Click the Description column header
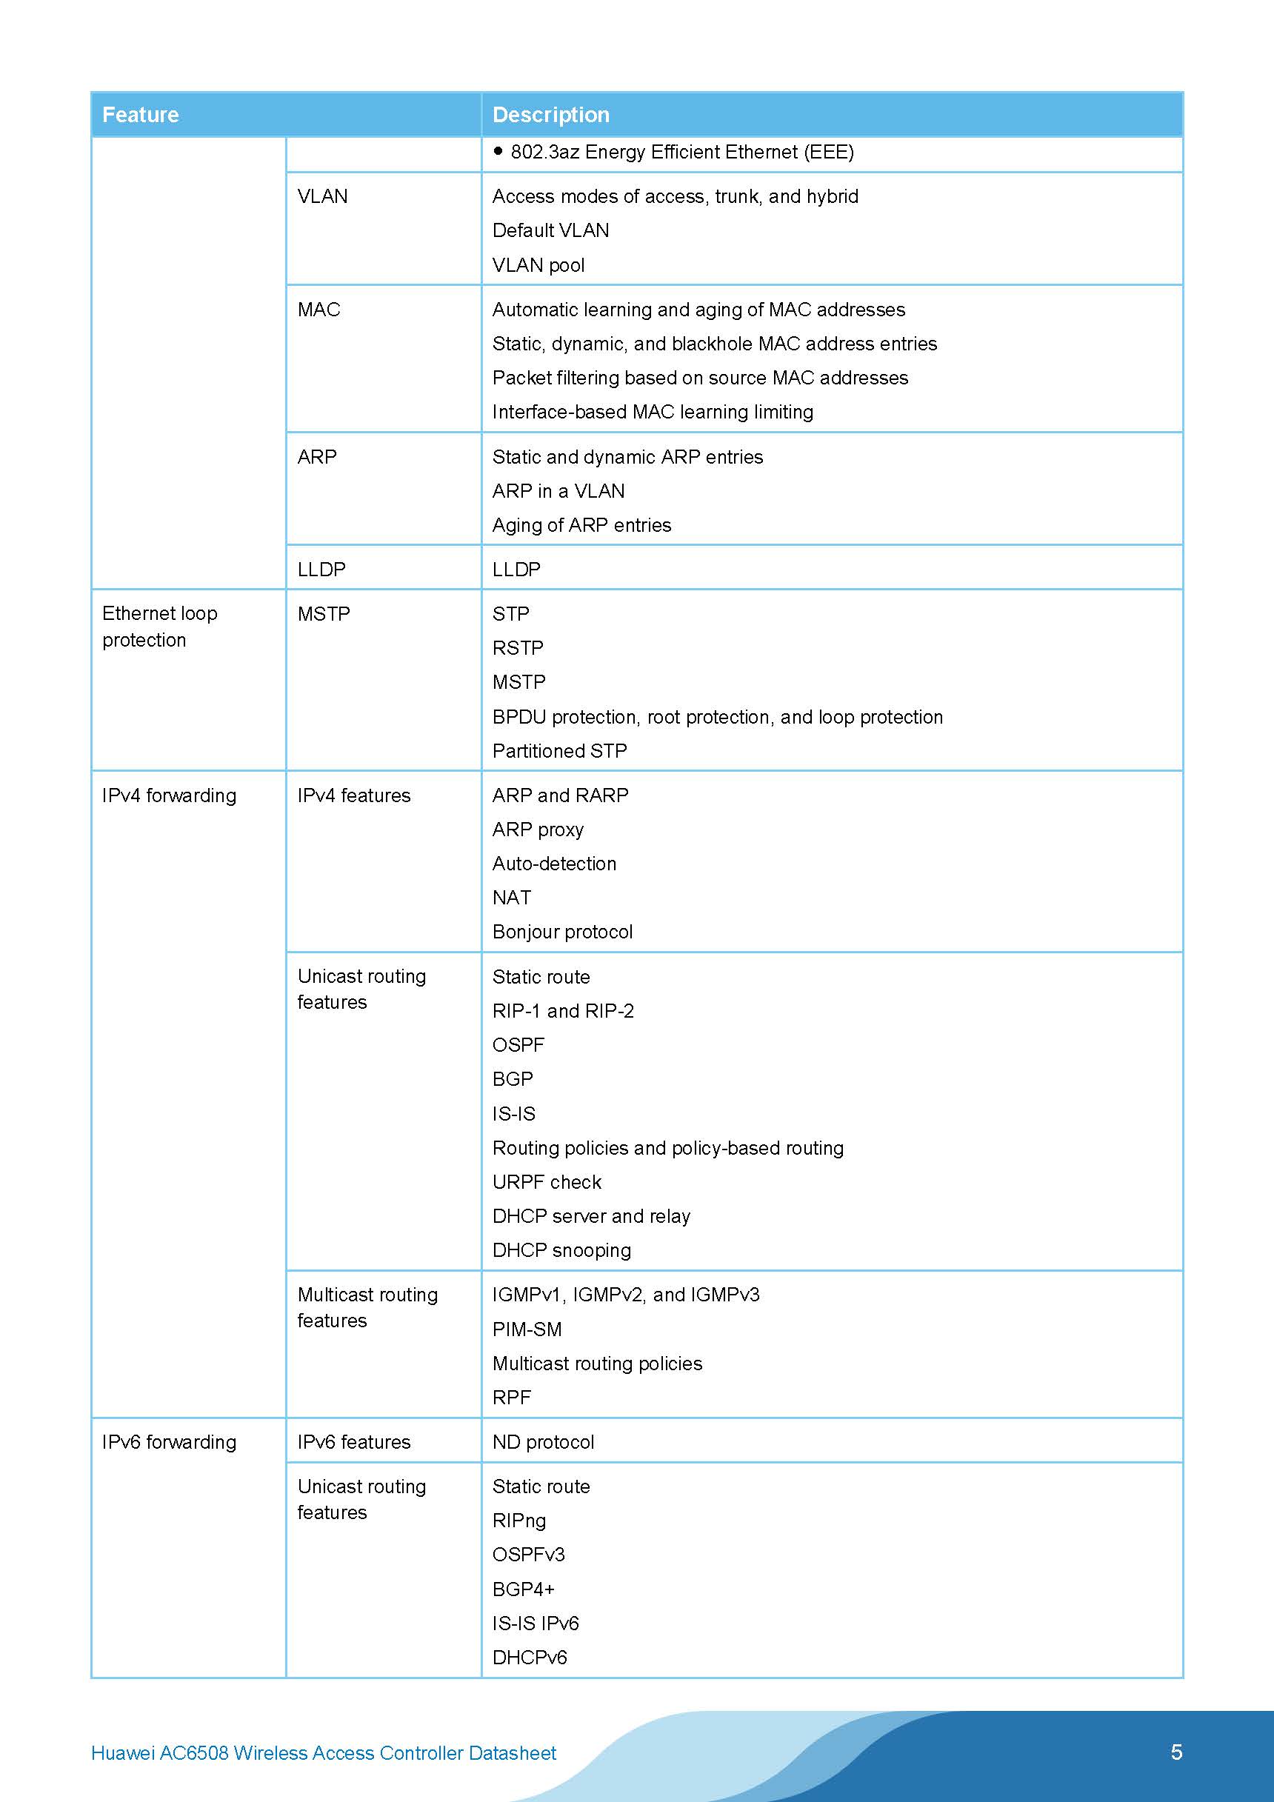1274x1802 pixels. click(x=550, y=115)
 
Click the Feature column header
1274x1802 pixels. click(x=141, y=115)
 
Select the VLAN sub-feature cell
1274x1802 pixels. click(x=323, y=196)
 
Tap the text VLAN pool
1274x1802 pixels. click(x=538, y=265)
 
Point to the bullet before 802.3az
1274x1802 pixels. click(x=498, y=150)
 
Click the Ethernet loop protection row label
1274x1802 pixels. click(x=159, y=627)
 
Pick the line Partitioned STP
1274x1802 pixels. click(x=559, y=751)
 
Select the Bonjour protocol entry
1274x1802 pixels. click(x=562, y=932)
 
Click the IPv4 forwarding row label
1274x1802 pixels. click(x=169, y=796)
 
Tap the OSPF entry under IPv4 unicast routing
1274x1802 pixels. click(x=518, y=1044)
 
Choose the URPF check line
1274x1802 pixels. click(x=547, y=1182)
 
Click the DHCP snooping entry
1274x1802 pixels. click(x=561, y=1250)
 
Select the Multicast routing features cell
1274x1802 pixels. click(x=367, y=1307)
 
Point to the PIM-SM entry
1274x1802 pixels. click(x=527, y=1329)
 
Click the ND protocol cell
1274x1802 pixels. click(x=543, y=1442)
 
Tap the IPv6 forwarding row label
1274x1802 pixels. click(x=169, y=1442)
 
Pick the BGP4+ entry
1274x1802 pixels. click(x=524, y=1589)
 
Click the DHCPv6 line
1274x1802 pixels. click(x=529, y=1658)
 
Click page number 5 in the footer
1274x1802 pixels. click(x=1176, y=1752)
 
